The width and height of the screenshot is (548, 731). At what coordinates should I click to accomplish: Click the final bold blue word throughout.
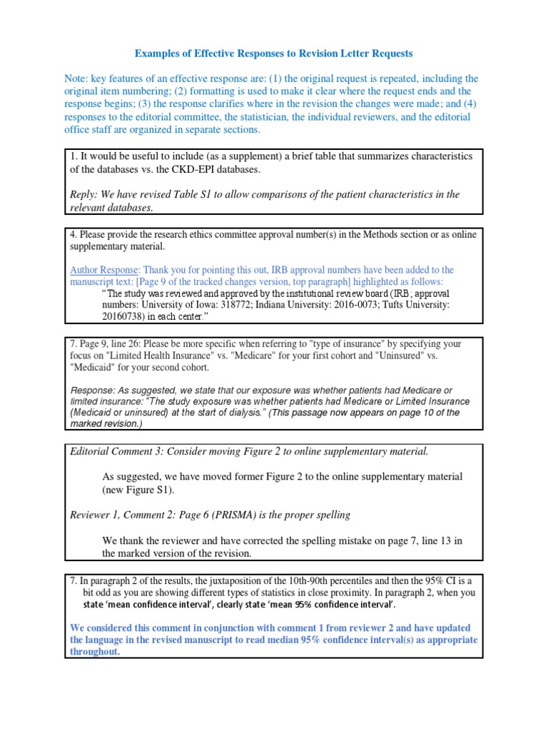(x=95, y=652)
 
